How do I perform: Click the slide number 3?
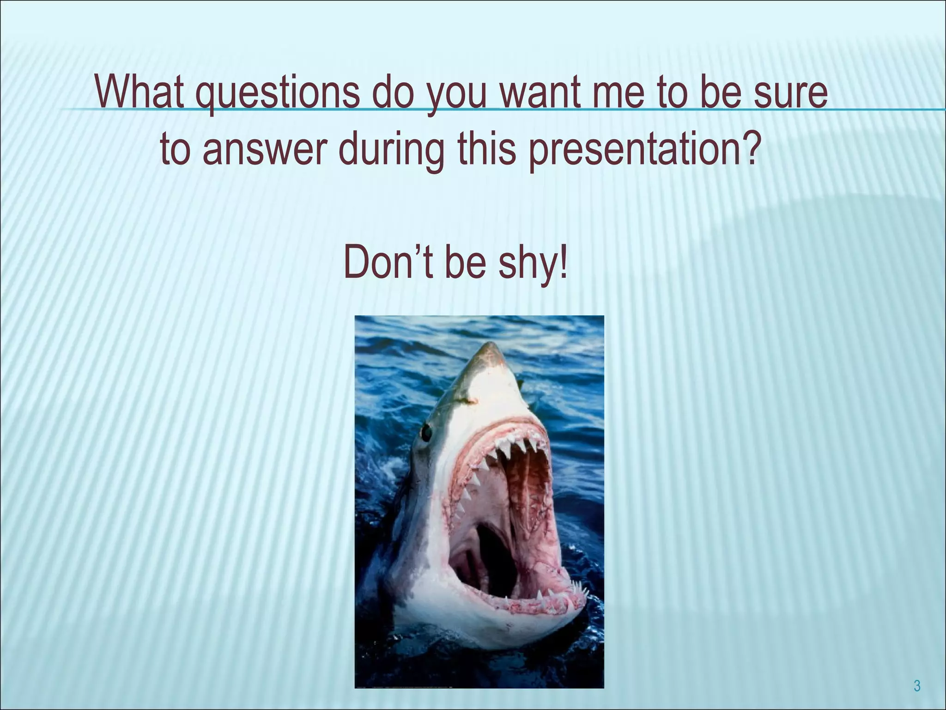[x=917, y=686]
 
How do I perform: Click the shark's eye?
[x=426, y=432]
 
